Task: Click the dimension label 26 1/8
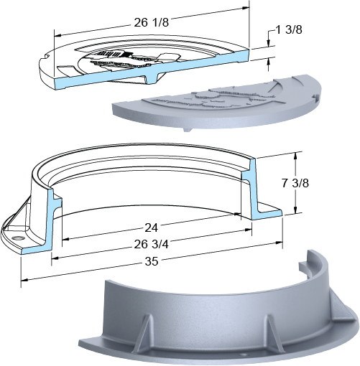coord(151,22)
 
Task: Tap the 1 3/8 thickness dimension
coord(289,30)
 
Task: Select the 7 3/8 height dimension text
coord(295,184)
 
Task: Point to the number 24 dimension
coord(151,228)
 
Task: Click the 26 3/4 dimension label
coord(151,245)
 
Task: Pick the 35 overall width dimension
coord(152,261)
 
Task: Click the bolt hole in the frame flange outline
coord(18,238)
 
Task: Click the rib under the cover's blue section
coord(152,78)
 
